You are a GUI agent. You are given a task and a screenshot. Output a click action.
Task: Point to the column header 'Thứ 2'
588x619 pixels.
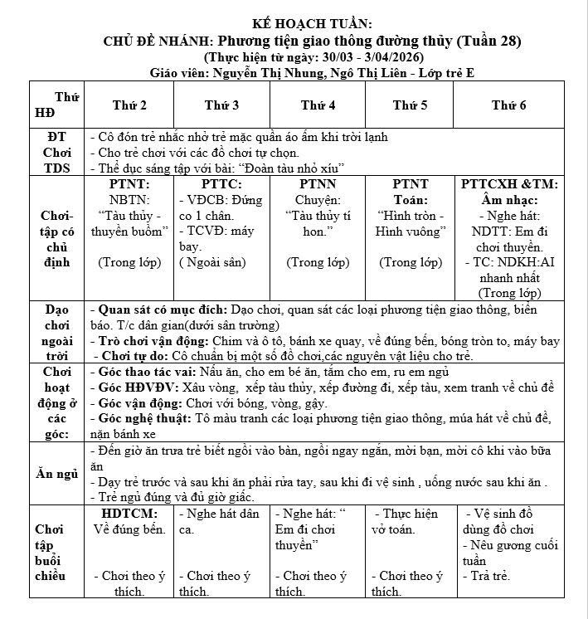click(x=130, y=105)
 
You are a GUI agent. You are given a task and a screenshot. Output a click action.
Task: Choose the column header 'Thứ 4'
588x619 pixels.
click(x=318, y=105)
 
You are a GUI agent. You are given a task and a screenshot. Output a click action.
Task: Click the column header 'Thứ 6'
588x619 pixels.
click(x=508, y=105)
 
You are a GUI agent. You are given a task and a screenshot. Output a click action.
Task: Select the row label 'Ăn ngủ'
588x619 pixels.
click(x=57, y=474)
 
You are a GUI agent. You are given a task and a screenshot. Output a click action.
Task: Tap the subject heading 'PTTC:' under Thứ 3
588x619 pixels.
click(x=221, y=184)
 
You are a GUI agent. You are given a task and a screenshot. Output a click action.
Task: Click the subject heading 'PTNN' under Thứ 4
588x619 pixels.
click(x=318, y=184)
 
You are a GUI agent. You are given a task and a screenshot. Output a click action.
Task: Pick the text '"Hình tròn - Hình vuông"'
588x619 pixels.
click(x=411, y=224)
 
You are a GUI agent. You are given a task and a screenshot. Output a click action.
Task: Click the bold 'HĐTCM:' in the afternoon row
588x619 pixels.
click(x=129, y=514)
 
